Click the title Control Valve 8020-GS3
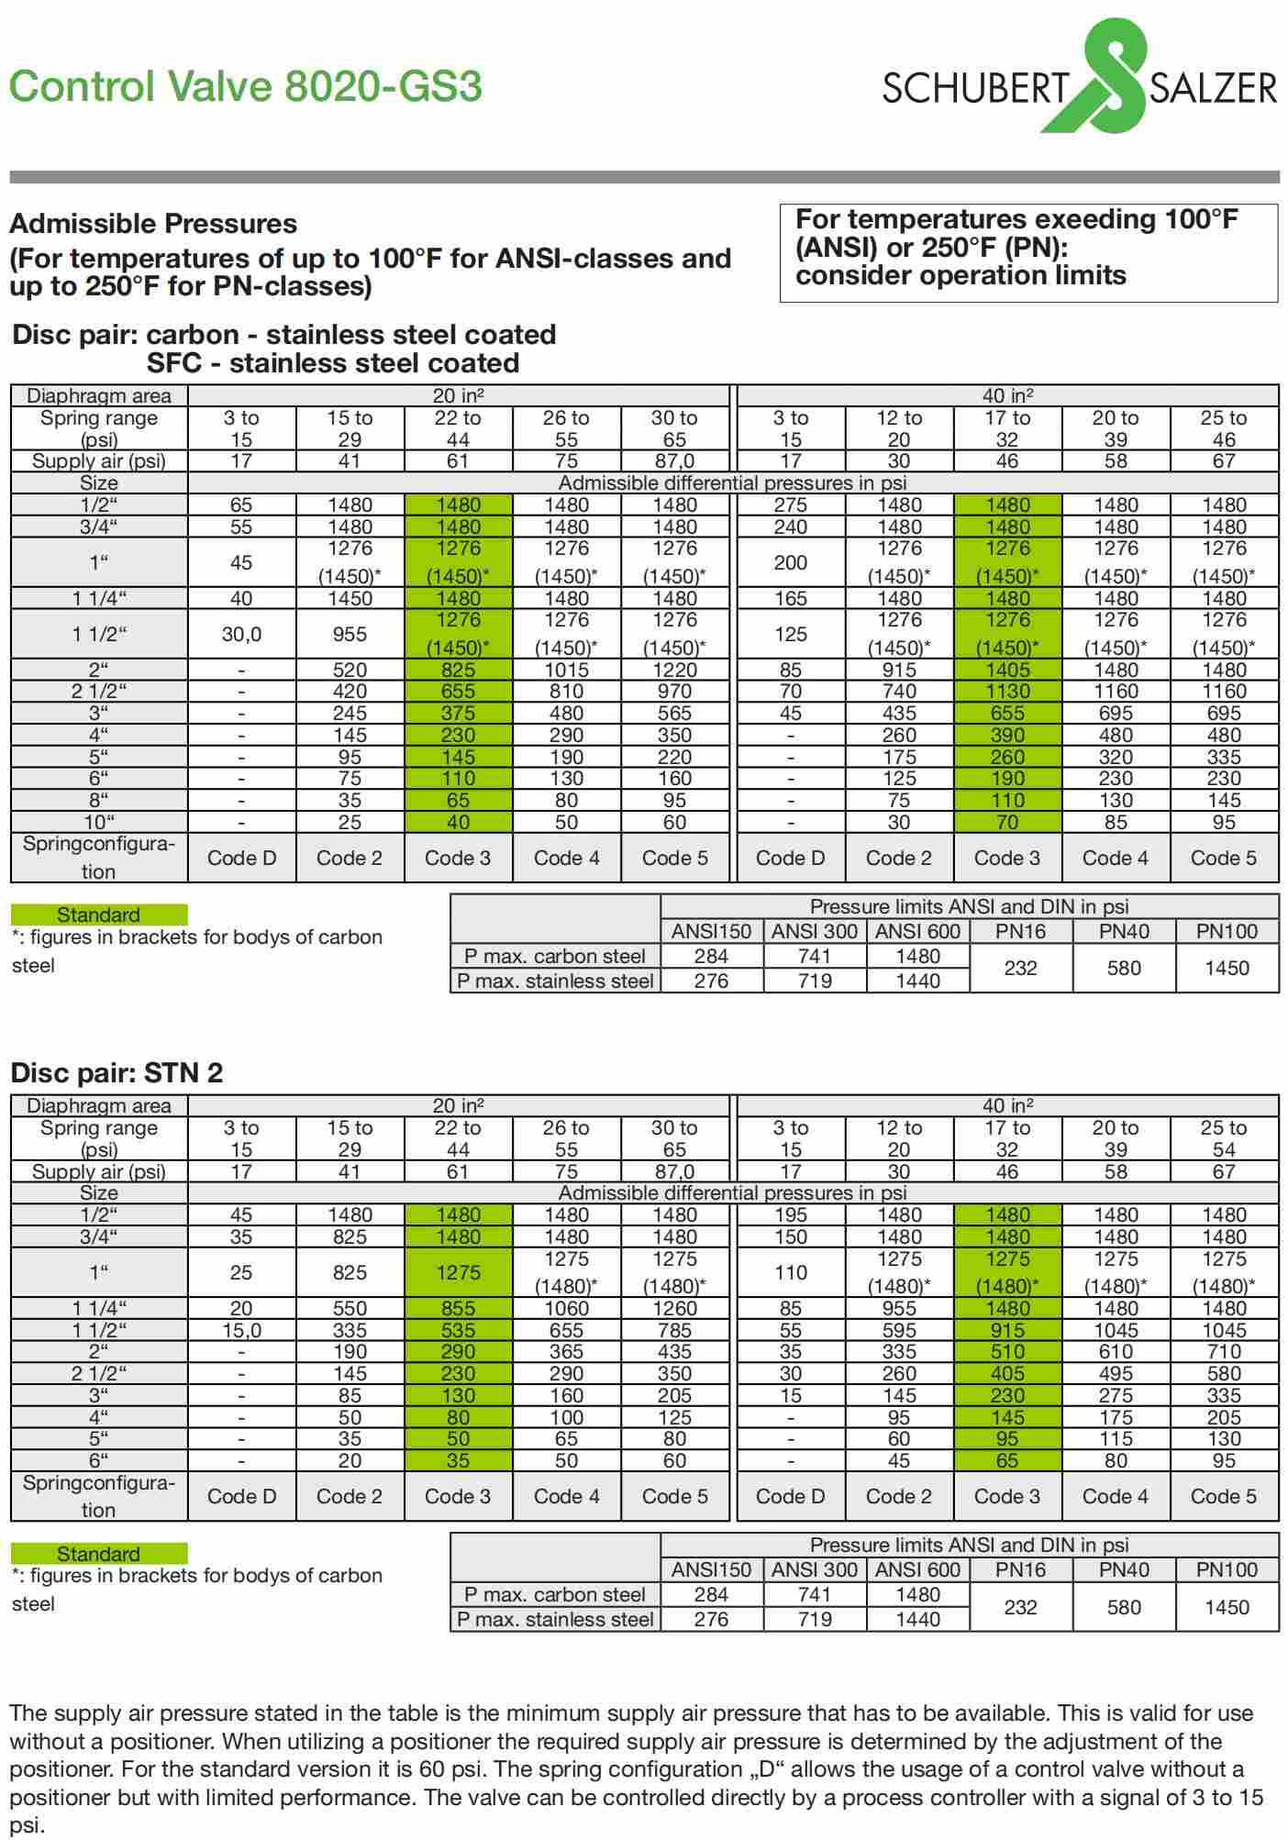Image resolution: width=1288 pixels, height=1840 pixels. point(245,87)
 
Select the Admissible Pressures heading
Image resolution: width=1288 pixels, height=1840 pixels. point(153,224)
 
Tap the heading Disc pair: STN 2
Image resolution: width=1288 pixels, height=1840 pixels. point(117,1072)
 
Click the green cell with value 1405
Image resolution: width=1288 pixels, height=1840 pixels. point(1007,670)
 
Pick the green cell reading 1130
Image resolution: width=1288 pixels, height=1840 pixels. point(1007,692)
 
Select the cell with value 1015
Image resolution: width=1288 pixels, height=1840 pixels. point(566,670)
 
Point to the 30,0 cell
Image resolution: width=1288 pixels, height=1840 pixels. point(241,634)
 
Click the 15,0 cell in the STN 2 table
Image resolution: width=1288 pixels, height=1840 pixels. point(241,1330)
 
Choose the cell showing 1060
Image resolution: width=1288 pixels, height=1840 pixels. point(566,1308)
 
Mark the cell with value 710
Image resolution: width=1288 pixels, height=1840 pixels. point(1224,1351)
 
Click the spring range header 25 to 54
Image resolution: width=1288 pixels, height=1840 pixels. point(1224,1138)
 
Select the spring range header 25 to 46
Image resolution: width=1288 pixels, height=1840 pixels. point(1224,428)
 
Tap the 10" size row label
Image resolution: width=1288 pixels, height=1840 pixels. point(98,822)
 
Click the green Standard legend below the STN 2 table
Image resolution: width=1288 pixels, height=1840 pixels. point(98,1553)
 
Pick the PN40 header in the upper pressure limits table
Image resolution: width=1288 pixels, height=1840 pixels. point(1124,931)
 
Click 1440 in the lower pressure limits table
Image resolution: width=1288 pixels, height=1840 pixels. point(917,1619)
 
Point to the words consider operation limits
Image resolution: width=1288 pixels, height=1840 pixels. point(960,275)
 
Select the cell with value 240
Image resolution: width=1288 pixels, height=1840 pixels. point(790,527)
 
